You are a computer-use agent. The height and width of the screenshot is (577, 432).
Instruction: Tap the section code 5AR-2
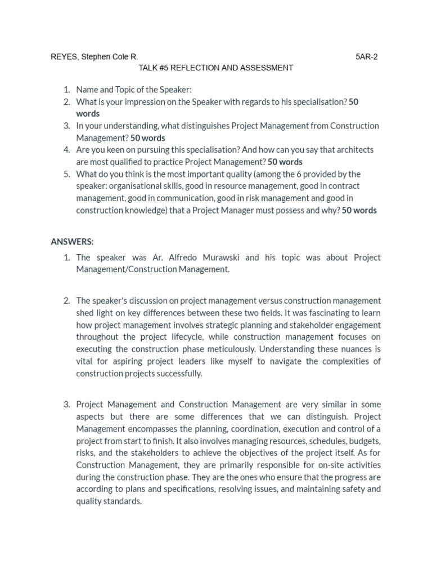click(x=367, y=57)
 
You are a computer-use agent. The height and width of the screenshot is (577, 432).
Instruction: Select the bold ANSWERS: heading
click(x=72, y=242)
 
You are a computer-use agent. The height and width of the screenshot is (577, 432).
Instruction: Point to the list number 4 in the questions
click(x=66, y=150)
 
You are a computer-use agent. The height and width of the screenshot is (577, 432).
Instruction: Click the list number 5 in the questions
click(x=66, y=174)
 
